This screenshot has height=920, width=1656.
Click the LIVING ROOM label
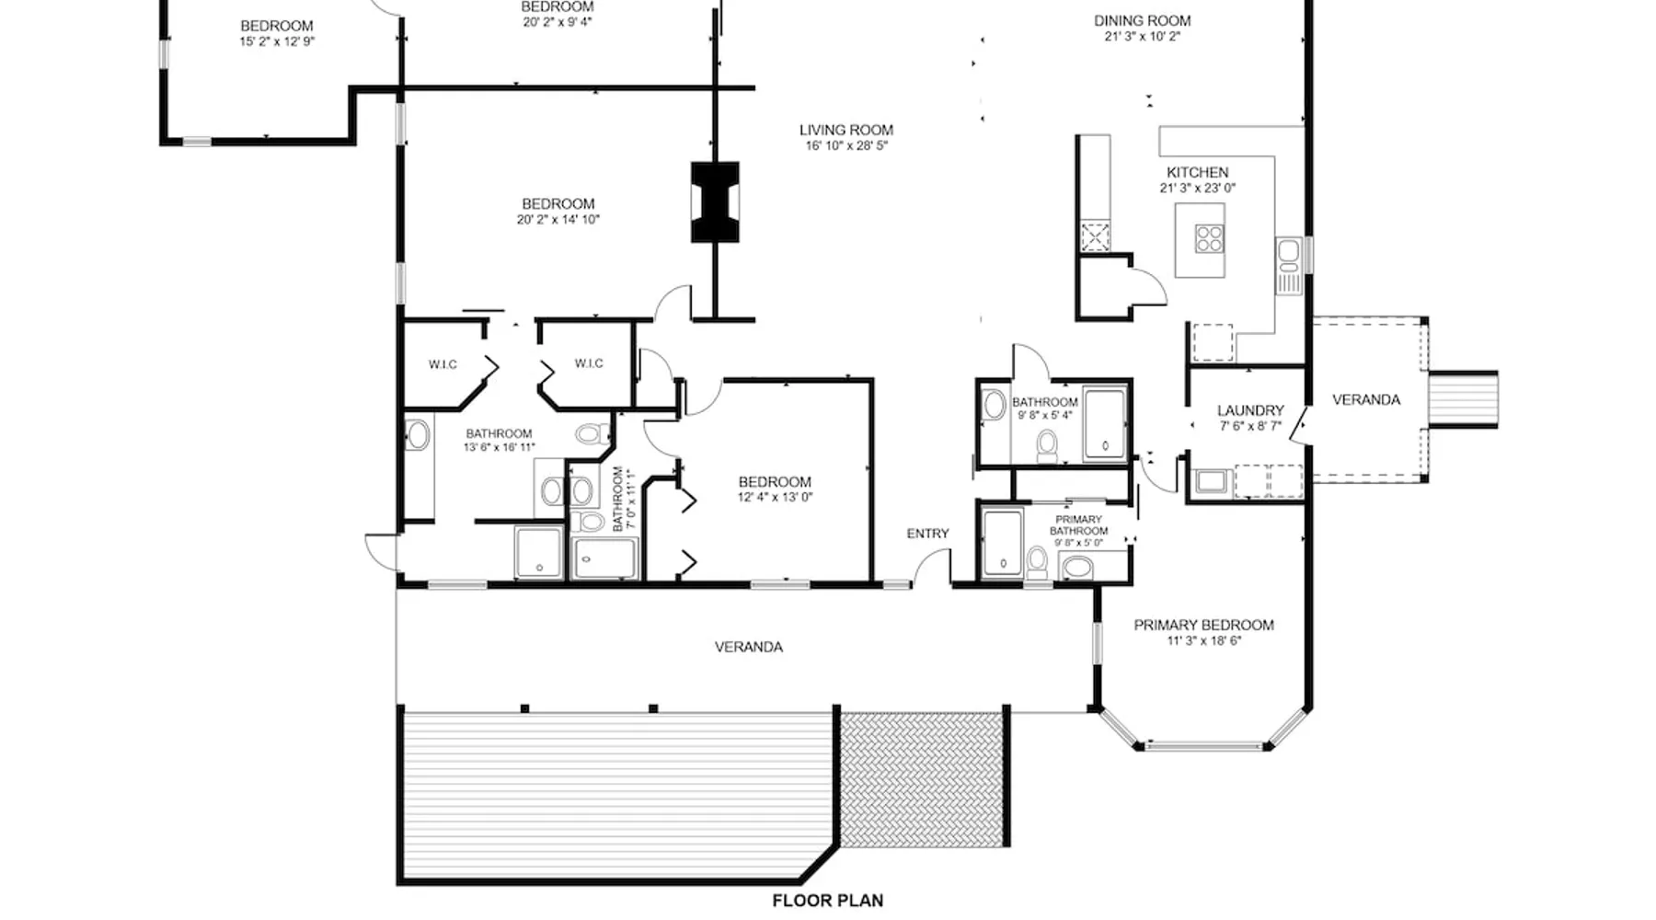click(845, 130)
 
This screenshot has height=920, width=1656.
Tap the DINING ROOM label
click(1142, 20)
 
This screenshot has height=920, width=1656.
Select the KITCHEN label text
click(1197, 172)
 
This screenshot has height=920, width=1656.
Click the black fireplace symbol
click(715, 202)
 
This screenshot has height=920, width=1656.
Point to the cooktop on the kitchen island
click(1209, 239)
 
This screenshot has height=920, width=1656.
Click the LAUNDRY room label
click(1250, 410)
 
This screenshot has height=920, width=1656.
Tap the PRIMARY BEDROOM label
click(1203, 625)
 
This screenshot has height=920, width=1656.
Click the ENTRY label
click(927, 534)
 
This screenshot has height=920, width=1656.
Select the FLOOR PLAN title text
click(828, 901)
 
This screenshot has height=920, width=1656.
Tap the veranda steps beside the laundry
click(1463, 399)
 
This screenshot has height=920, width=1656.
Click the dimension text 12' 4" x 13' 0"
click(775, 498)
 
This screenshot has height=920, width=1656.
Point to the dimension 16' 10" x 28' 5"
click(846, 145)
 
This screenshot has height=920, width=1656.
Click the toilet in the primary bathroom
click(1037, 560)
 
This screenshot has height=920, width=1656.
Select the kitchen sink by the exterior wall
click(1287, 251)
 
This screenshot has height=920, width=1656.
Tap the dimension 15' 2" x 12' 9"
click(277, 41)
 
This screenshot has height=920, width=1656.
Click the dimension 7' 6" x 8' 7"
click(1250, 426)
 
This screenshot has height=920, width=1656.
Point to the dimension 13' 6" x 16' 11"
click(499, 448)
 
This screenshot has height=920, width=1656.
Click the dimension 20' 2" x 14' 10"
click(558, 219)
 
